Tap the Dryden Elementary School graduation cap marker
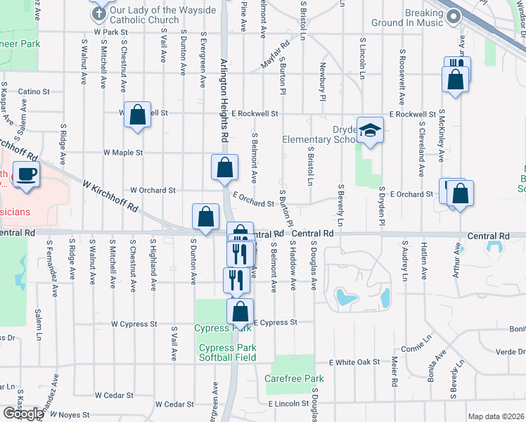coord(369,130)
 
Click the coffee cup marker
coord(27,174)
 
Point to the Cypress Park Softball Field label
coord(227,352)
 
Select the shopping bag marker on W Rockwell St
coord(138,115)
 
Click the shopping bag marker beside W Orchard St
coord(224,169)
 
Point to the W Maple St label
coord(123,152)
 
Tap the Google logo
coord(23,413)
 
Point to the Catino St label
coord(34,91)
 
